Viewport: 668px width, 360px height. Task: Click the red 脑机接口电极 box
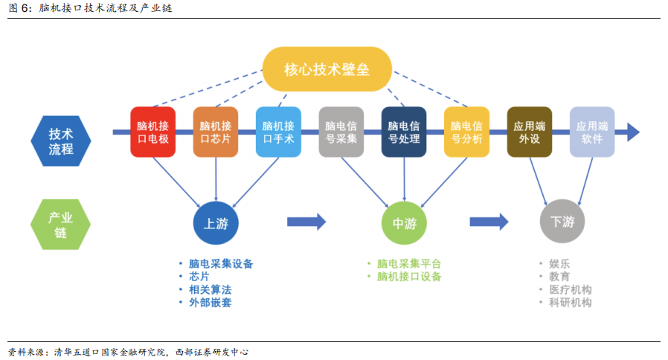pyautogui.click(x=153, y=132)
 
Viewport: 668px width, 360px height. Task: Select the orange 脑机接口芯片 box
pyautogui.click(x=216, y=132)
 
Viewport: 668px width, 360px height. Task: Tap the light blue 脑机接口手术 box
pyautogui.click(x=279, y=132)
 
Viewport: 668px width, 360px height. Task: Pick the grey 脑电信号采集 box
pyautogui.click(x=341, y=132)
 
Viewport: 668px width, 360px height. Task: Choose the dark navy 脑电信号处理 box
pyautogui.click(x=404, y=132)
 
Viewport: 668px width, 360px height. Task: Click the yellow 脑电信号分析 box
pyautogui.click(x=466, y=132)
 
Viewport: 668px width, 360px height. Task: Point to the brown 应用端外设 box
pyautogui.click(x=530, y=132)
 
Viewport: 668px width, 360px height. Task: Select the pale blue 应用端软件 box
pyautogui.click(x=592, y=132)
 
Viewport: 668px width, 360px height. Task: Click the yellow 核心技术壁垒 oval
pyautogui.click(x=327, y=69)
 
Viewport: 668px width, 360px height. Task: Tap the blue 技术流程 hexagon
pyautogui.click(x=61, y=141)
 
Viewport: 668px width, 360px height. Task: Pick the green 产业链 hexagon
pyautogui.click(x=60, y=225)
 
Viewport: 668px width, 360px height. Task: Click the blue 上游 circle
pyautogui.click(x=216, y=223)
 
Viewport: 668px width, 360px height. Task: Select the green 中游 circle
pyautogui.click(x=404, y=223)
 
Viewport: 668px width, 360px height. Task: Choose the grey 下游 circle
pyautogui.click(x=562, y=221)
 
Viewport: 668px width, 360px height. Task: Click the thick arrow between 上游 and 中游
pyautogui.click(x=306, y=222)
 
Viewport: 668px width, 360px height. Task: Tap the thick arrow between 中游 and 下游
pyautogui.click(x=489, y=222)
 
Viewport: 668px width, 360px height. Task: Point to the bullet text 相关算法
pyautogui.click(x=210, y=289)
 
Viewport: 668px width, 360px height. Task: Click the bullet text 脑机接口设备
pyautogui.click(x=409, y=277)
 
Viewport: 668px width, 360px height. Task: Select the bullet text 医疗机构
pyautogui.click(x=570, y=289)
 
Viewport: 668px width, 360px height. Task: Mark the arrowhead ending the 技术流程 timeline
pyautogui.click(x=633, y=132)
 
